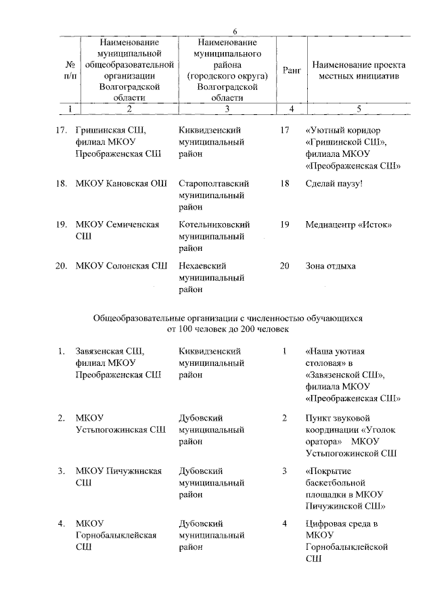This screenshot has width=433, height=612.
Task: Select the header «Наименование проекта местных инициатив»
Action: [359, 71]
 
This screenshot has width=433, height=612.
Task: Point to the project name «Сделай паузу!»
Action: [334, 183]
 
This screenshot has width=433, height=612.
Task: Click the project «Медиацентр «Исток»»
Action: [349, 225]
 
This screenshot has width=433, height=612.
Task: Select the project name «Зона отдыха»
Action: [330, 266]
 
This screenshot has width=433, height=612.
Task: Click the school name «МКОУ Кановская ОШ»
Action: [122, 183]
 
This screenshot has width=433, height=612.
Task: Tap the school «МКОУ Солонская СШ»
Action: [122, 266]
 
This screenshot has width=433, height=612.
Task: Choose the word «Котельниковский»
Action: [214, 225]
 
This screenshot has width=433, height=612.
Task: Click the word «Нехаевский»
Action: [203, 266]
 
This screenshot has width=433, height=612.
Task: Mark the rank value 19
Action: [284, 225]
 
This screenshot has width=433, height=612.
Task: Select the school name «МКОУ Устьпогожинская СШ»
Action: [120, 423]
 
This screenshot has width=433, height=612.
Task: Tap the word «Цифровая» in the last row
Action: [328, 523]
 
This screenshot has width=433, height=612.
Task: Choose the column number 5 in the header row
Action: [359, 108]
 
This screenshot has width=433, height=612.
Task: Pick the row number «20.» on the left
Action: [60, 266]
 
